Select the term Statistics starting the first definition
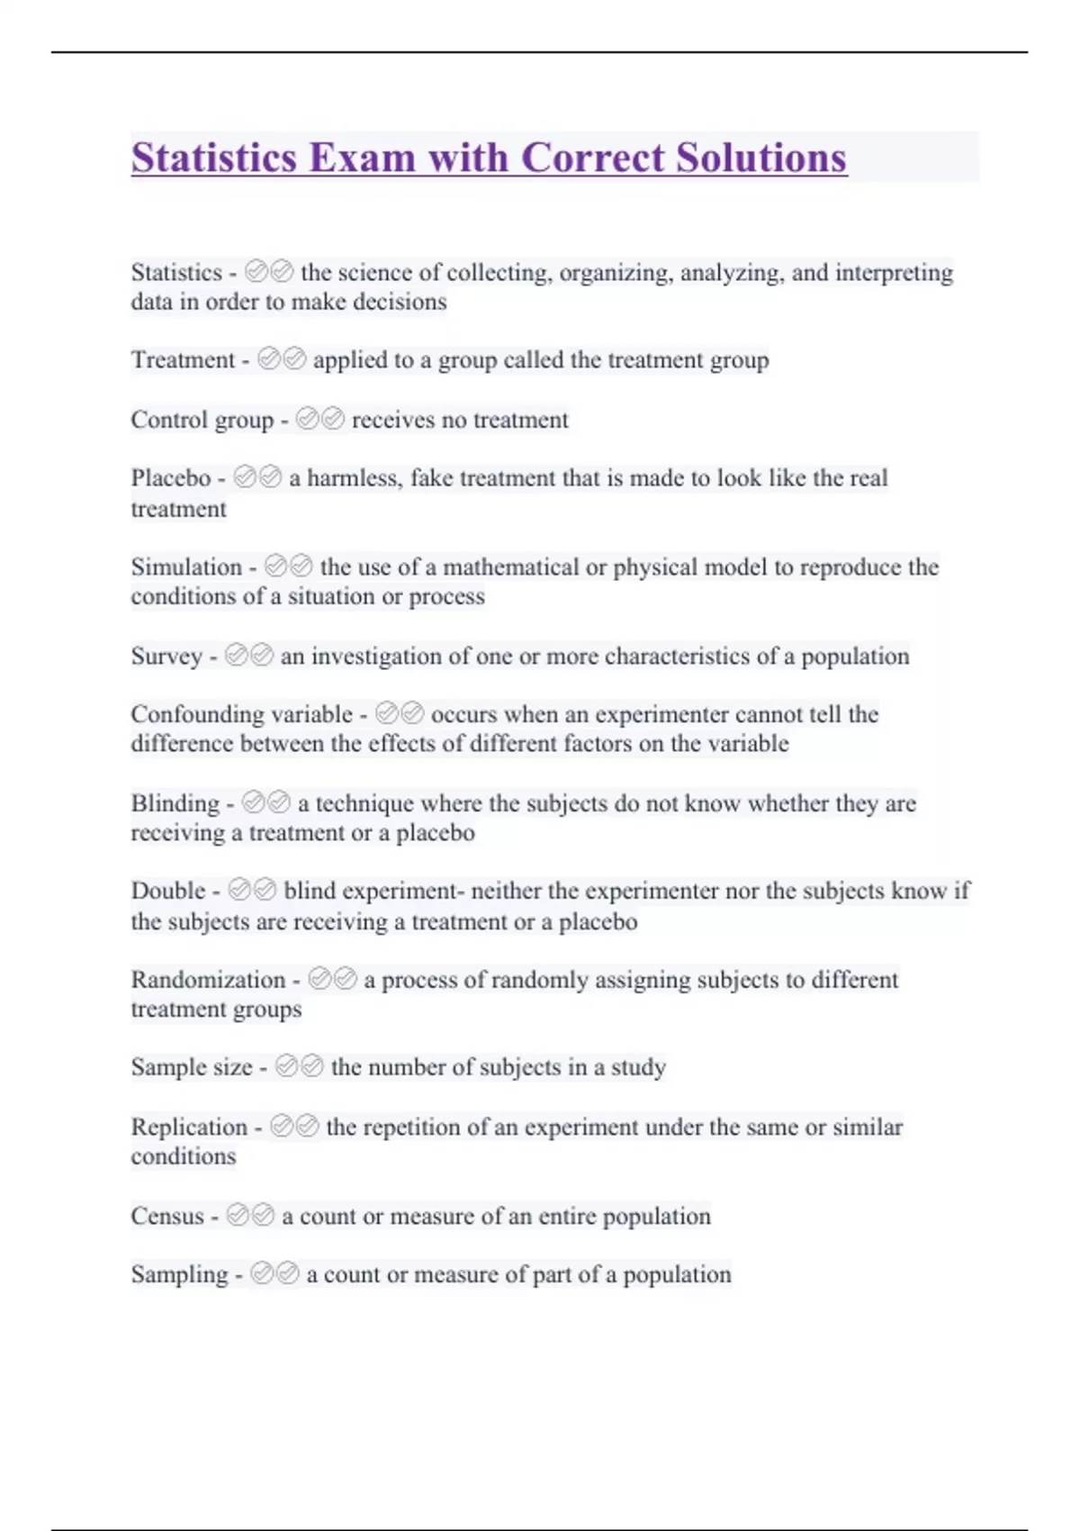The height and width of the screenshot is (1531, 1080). [176, 272]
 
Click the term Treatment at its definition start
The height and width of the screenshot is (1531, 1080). [183, 359]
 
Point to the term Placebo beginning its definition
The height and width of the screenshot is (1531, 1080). [171, 477]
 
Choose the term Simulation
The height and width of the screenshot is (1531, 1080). [186, 566]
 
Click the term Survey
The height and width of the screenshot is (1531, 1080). [166, 656]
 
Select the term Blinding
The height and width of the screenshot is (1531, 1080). [175, 802]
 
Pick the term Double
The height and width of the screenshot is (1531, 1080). [168, 891]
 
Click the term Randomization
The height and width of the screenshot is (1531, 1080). [208, 979]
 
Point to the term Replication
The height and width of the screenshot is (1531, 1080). [189, 1127]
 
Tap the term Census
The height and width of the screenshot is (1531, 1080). [167, 1216]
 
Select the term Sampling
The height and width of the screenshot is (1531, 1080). [179, 1274]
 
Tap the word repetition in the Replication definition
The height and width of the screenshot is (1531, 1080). [410, 1127]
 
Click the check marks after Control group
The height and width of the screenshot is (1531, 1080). [319, 419]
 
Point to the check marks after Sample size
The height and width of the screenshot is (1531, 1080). [299, 1066]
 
